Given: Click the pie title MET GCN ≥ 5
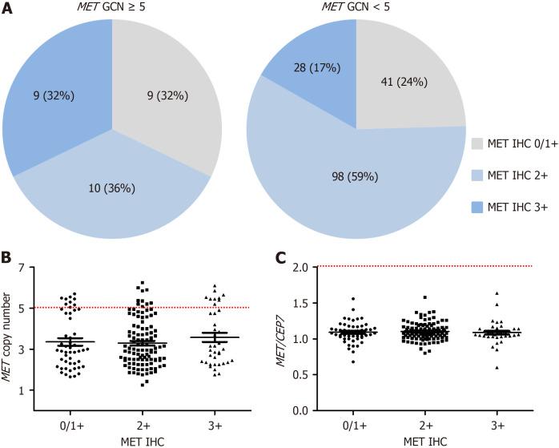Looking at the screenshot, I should pos(112,7).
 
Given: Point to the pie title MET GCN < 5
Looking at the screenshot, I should pos(356,7).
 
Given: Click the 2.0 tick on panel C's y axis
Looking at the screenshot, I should pos(303,268).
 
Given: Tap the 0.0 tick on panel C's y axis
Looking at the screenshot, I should pos(303,410).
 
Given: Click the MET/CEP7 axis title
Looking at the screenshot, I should pos(282,339).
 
